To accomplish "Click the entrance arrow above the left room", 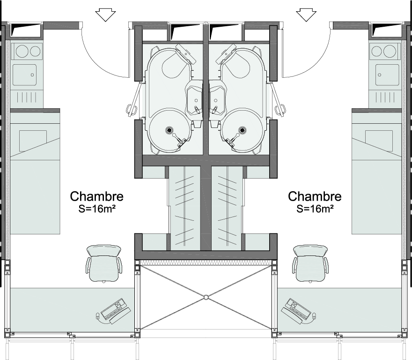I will click(x=105, y=15).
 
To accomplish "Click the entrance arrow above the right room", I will click(x=307, y=15).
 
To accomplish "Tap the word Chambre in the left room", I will click(x=96, y=196).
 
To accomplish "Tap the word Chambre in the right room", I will click(x=315, y=196).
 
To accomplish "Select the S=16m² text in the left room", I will click(x=97, y=209).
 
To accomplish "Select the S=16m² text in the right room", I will click(x=315, y=209).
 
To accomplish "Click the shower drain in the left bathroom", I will click(x=169, y=130).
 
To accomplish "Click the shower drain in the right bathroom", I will click(x=242, y=130).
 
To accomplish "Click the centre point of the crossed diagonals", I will click(x=206, y=297).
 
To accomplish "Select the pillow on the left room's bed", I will click(x=33, y=140).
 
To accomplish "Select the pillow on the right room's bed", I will click(x=379, y=140).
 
